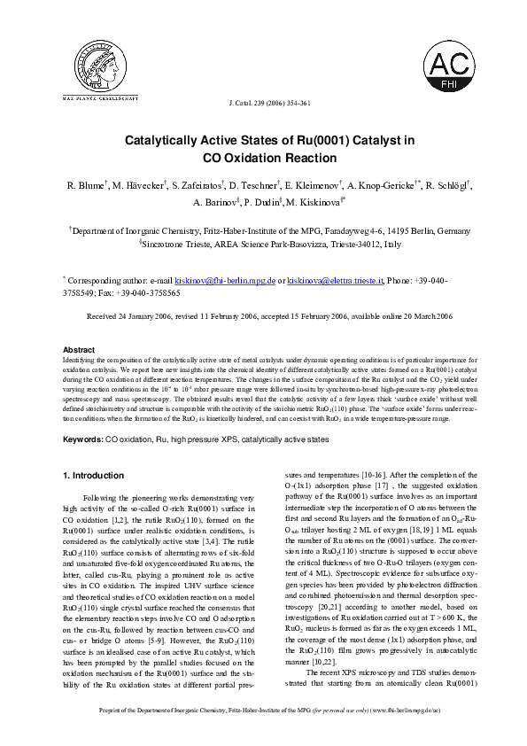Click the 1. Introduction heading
(x=93, y=476)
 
